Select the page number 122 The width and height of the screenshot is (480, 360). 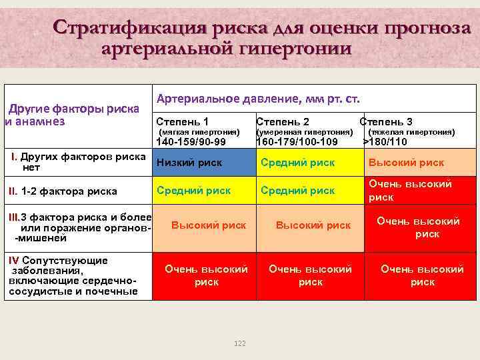tap(240, 343)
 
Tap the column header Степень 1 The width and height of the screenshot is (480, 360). tap(182, 121)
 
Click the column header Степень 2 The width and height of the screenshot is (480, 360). tap(283, 121)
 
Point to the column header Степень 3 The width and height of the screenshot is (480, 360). tap(386, 121)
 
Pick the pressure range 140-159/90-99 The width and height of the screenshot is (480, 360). tap(191, 141)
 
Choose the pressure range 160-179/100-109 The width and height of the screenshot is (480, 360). tap(297, 141)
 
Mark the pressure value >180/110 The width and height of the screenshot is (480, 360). tap(385, 141)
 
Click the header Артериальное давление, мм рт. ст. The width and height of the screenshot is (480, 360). tap(258, 99)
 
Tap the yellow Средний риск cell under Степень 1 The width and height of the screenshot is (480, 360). tap(193, 190)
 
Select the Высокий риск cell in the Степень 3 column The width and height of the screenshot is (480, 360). tap(406, 163)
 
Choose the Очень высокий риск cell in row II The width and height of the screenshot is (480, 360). tap(410, 190)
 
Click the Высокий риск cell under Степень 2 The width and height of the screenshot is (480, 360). tap(313, 225)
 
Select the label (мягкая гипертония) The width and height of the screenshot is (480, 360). tap(198, 132)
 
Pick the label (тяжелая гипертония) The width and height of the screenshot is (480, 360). tap(411, 132)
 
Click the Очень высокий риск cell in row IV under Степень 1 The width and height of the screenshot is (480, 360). tap(206, 275)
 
